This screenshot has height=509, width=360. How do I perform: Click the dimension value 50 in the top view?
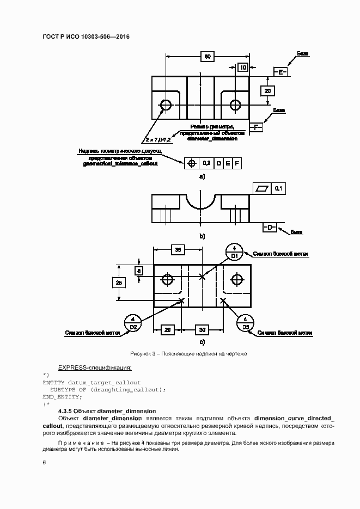pyautogui.click(x=208, y=56)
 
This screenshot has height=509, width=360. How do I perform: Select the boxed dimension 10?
pyautogui.click(x=243, y=68)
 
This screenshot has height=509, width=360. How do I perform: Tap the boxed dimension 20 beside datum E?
pyautogui.click(x=267, y=91)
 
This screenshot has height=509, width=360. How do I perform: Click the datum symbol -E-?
pyautogui.click(x=280, y=72)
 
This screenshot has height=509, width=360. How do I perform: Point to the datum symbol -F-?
pyautogui.click(x=256, y=127)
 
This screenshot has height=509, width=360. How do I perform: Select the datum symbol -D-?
pyautogui.click(x=270, y=227)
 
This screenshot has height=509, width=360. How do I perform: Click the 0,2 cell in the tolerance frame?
pyautogui.click(x=206, y=163)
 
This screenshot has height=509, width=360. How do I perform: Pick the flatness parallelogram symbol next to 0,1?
pyautogui.click(x=263, y=188)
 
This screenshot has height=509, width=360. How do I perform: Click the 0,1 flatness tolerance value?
pyautogui.click(x=278, y=188)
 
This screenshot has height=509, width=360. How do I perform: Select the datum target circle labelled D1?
pyautogui.click(x=234, y=252)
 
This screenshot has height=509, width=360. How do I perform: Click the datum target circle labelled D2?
pyautogui.click(x=133, y=323)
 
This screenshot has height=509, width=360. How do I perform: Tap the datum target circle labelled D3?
pyautogui.click(x=246, y=323)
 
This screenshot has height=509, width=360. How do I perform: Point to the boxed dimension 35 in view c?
pyautogui.click(x=178, y=249)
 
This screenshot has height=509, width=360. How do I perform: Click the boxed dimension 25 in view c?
pyautogui.click(x=119, y=282)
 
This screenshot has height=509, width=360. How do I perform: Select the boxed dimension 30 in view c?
pyautogui.click(x=202, y=330)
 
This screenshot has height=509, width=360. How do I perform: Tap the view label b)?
pyautogui.click(x=202, y=237)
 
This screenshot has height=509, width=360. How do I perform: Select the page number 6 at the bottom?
pyautogui.click(x=45, y=462)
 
